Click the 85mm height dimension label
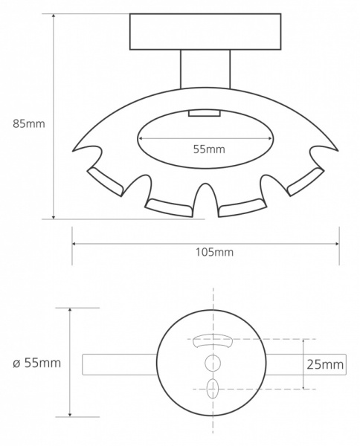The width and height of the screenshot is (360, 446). [x=29, y=123]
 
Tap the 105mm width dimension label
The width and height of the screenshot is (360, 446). [x=214, y=252]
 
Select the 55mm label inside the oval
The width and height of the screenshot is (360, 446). [x=209, y=149]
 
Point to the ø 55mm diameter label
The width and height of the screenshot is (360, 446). [x=36, y=363]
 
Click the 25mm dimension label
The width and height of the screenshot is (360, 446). [x=325, y=364]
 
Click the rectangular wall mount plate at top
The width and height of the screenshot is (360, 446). [x=205, y=31]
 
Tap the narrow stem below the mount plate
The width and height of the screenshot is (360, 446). [x=205, y=69]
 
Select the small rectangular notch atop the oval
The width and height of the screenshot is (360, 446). [x=205, y=113]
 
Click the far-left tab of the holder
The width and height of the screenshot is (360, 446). [x=105, y=181]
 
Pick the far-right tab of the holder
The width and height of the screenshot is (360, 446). [x=306, y=181]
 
